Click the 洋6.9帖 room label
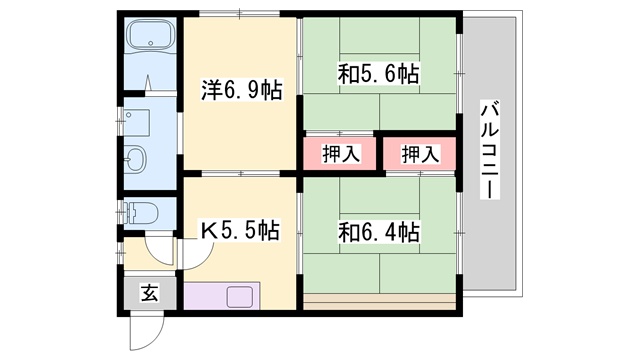pos(242,91)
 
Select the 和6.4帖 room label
pos(379,232)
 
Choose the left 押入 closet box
pos(340,154)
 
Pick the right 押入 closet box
pos(419,154)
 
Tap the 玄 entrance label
pos(149,293)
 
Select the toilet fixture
pos(140,214)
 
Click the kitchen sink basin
pos(240,297)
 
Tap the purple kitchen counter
pos(205,297)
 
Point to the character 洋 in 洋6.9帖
pos(211,91)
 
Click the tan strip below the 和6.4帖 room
pos(380,298)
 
